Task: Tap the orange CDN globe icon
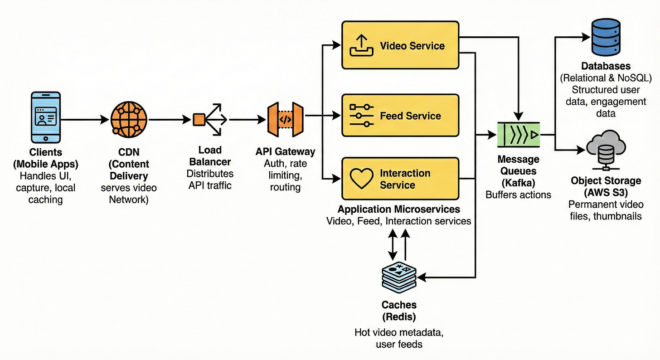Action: coord(129,119)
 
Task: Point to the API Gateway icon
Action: coord(285,119)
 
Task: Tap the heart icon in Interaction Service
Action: coord(362,179)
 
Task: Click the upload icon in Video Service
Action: coord(362,46)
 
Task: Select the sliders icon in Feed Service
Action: coord(362,116)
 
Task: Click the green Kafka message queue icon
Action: coord(519,135)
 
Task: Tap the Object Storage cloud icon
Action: coord(606,148)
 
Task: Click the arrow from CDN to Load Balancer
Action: coord(169,120)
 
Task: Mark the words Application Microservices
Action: coord(399,209)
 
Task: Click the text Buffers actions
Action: coord(518,195)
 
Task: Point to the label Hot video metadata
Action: coord(399,332)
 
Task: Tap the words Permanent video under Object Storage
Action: coord(606,204)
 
